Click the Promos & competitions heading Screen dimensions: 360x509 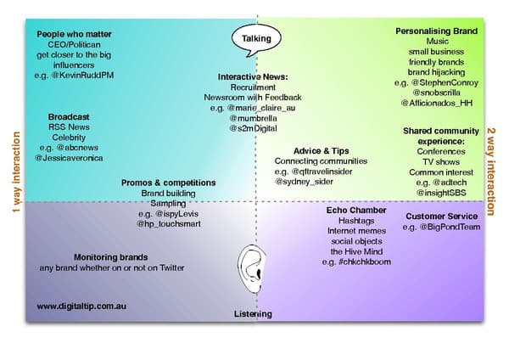168,183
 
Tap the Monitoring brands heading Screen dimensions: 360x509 111,257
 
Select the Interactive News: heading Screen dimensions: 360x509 253,77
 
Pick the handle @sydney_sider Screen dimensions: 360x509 306,181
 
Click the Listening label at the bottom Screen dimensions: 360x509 253,314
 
